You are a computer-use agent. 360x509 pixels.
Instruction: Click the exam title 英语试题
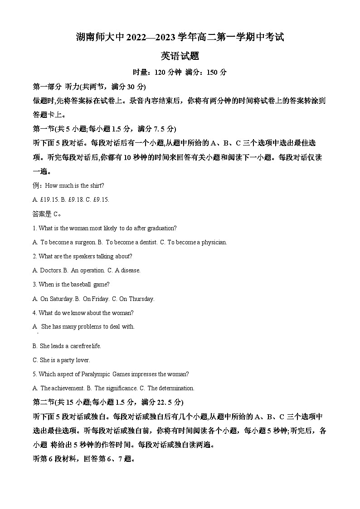coord(180,56)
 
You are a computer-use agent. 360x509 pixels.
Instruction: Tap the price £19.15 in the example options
coord(48,199)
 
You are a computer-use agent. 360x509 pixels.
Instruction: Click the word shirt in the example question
coord(97,185)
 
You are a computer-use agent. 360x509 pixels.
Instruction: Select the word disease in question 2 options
coord(131,270)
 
